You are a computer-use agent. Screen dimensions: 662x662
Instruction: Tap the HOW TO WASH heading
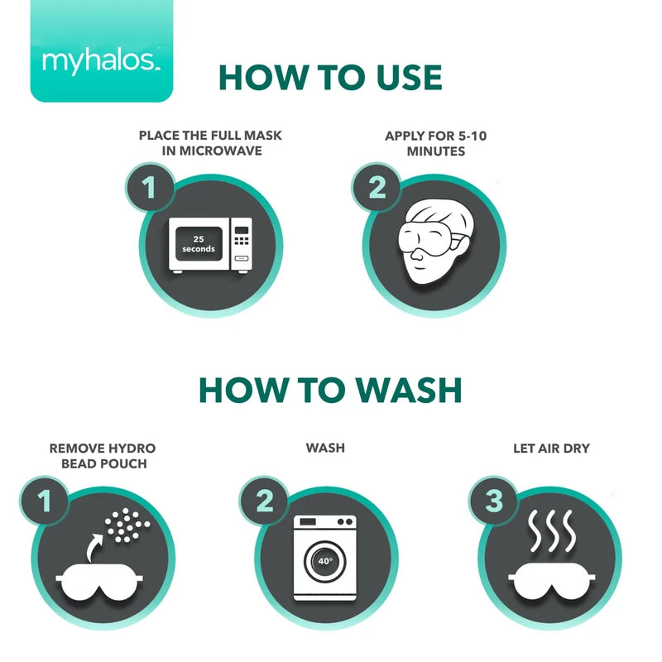(x=329, y=390)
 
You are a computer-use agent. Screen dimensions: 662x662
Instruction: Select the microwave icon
(x=209, y=245)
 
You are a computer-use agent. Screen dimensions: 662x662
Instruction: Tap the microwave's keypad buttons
(x=241, y=241)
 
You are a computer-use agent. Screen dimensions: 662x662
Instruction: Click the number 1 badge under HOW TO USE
(x=149, y=189)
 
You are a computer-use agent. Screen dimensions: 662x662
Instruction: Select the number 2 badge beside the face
(x=377, y=189)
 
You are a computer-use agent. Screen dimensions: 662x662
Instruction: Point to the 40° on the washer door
(x=325, y=560)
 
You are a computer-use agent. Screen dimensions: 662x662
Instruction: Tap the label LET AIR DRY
(x=551, y=449)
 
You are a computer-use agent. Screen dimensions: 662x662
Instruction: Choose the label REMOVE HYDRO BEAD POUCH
(x=103, y=456)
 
